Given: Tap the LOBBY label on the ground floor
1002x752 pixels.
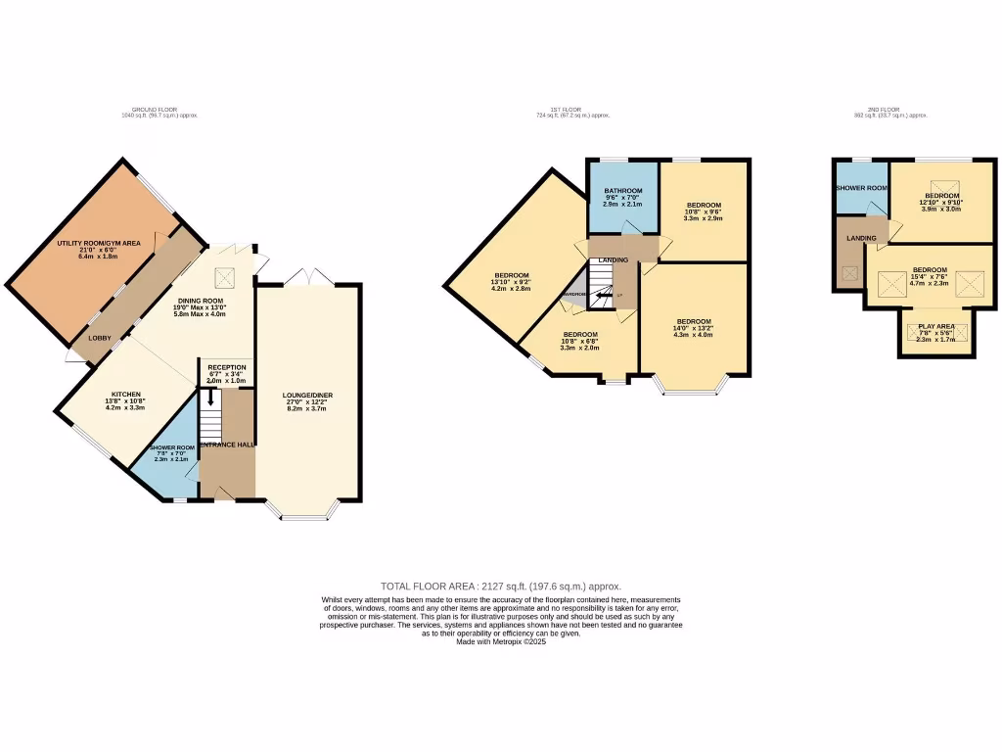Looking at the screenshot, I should (x=100, y=339).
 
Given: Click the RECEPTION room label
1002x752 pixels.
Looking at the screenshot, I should (x=226, y=367).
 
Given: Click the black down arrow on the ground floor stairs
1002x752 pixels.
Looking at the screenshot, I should (x=210, y=399).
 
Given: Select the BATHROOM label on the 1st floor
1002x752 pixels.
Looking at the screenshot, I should (x=622, y=190).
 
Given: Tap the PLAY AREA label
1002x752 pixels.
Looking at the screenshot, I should (x=935, y=326).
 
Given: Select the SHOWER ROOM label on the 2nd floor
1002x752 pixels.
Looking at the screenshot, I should (x=861, y=188).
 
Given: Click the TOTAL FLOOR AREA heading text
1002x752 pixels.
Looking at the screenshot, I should (x=500, y=586).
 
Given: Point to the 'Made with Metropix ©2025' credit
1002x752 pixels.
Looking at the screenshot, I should (x=500, y=641).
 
